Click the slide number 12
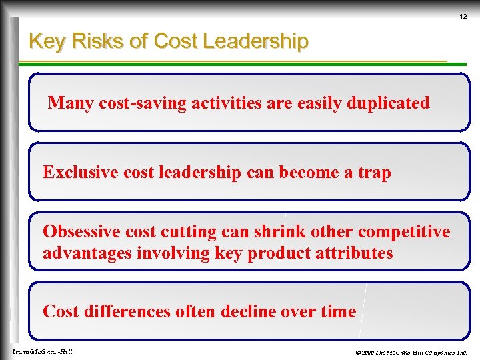click(462, 17)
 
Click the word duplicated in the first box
click(389, 103)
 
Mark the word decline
click(248, 311)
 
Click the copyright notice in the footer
click(411, 352)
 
